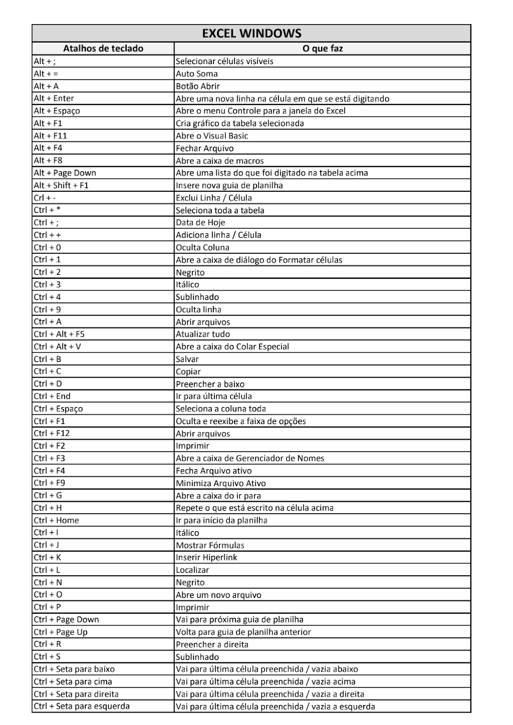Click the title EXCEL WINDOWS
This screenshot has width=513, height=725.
[251, 33]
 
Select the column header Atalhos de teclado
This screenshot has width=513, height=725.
[103, 49]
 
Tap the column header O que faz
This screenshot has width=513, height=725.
[322, 49]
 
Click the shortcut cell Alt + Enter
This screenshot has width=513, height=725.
[54, 98]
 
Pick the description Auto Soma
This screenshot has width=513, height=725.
[197, 74]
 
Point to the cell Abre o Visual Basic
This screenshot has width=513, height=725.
[212, 136]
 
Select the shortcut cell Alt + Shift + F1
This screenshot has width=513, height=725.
[61, 185]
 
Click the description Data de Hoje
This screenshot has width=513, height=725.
[201, 223]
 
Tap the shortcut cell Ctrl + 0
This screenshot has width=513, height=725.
[47, 247]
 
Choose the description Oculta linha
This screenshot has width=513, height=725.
[199, 309]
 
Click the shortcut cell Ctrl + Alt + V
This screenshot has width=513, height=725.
[57, 347]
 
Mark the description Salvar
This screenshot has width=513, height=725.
[187, 359]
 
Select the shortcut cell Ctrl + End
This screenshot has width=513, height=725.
[52, 396]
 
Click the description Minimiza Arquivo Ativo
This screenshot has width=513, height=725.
[221, 483]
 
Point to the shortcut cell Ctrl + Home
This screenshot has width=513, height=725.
[56, 520]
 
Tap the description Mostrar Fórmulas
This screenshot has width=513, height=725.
[210, 545]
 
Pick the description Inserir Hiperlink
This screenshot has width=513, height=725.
[207, 557]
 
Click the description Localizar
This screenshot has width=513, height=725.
[192, 570]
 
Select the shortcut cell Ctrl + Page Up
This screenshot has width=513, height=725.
[61, 632]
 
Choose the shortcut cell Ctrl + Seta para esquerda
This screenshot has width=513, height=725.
[82, 706]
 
